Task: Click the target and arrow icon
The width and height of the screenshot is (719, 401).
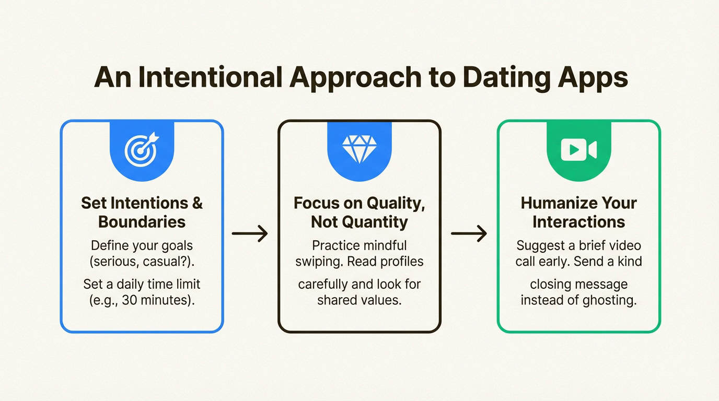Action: point(142,149)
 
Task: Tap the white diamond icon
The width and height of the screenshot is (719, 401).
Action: point(359,149)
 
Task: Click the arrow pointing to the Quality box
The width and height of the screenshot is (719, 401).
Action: point(250,233)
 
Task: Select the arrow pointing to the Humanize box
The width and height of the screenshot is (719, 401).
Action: point(469,233)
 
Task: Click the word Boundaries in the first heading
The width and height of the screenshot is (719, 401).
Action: point(142,222)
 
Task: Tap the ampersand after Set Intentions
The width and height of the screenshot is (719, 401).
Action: point(197,203)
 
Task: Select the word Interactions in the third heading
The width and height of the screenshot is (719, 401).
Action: point(578,222)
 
